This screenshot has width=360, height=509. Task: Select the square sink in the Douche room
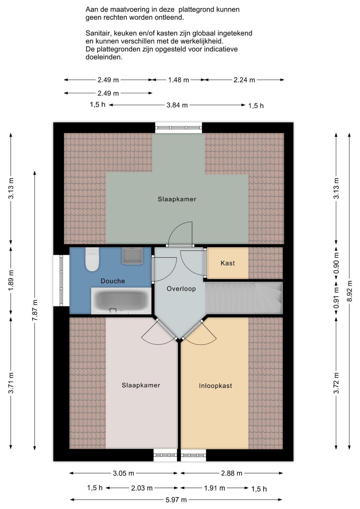(x=132, y=256)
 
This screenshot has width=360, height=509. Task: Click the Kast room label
(x=228, y=263)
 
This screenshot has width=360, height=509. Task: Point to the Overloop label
(x=181, y=289)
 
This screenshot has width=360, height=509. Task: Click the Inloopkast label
(x=215, y=386)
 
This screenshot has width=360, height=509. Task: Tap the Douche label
(x=113, y=281)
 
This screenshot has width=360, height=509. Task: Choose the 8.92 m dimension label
(x=350, y=291)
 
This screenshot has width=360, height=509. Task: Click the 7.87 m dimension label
(x=35, y=310)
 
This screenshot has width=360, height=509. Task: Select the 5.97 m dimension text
(x=176, y=500)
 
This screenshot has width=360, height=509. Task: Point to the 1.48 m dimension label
(x=178, y=80)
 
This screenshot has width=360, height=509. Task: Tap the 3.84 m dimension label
(x=177, y=105)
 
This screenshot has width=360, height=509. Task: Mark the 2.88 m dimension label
(x=232, y=473)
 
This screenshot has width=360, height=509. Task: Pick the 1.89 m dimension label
(x=11, y=280)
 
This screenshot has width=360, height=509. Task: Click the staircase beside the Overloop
(x=244, y=298)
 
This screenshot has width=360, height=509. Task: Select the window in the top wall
(x=178, y=128)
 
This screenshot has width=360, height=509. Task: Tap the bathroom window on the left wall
(x=61, y=280)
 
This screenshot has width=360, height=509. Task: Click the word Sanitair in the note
(x=99, y=33)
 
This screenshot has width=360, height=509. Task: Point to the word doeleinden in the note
(x=104, y=57)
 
